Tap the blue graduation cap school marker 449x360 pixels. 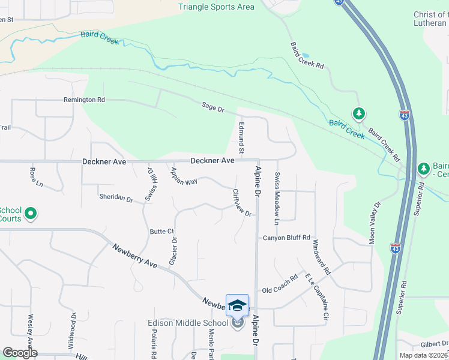pos(237,305)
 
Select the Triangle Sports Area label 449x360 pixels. pos(216,7)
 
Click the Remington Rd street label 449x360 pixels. pos(84,100)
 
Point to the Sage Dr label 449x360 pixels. pos(212,108)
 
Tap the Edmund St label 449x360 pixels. pos(241,137)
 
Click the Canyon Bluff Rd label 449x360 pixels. pos(286,238)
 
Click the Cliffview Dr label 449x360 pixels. pos(241,203)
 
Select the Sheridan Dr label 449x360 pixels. pos(116,198)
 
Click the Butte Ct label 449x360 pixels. pos(161,231)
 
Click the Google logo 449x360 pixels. pos(20,353)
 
